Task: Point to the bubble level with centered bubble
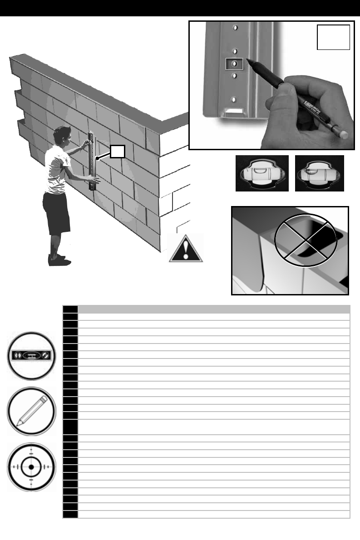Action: click(262, 173)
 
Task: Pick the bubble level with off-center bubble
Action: click(319, 173)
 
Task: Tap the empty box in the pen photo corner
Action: click(334, 37)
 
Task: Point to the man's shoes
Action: click(58, 260)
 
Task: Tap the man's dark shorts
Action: click(57, 212)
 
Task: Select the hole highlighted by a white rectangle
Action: click(234, 64)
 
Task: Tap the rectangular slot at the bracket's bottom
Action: click(234, 110)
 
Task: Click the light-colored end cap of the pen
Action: click(345, 134)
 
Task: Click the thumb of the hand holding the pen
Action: click(276, 95)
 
